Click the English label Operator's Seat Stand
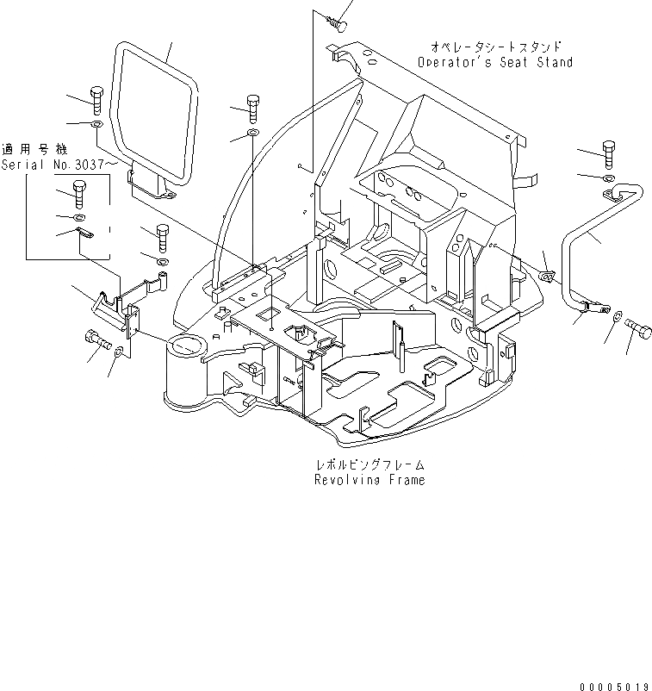[x=494, y=63]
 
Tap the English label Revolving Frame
[x=369, y=480]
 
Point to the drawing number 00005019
[x=613, y=686]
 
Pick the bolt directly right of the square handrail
[x=252, y=107]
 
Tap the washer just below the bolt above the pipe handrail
[x=609, y=177]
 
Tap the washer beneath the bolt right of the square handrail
[x=251, y=134]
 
